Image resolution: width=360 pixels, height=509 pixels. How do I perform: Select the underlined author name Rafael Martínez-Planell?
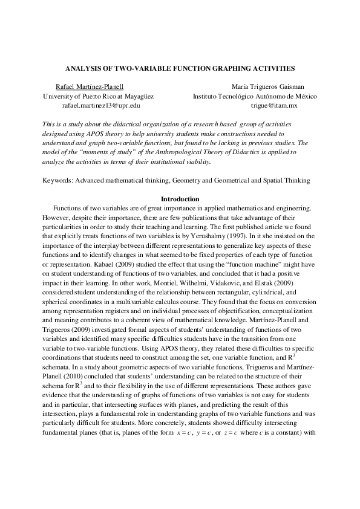[x=90, y=87]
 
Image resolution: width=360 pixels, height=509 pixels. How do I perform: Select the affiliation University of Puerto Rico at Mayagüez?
[x=98, y=96]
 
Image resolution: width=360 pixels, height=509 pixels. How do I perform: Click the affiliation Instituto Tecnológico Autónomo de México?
[x=255, y=96]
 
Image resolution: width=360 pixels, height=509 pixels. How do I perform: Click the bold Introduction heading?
[x=180, y=199]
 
